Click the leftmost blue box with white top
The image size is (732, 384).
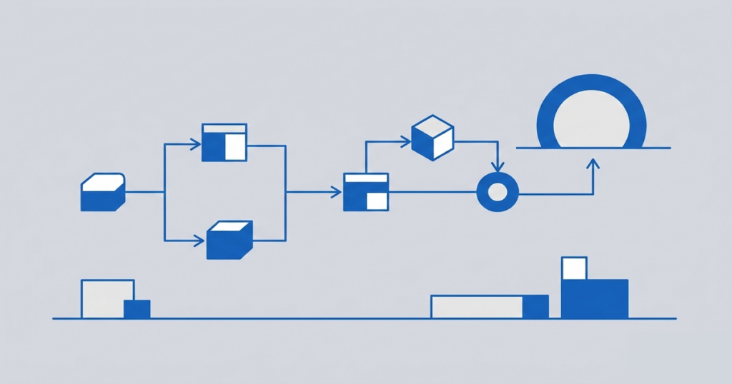click(103, 193)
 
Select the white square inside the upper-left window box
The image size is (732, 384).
click(235, 147)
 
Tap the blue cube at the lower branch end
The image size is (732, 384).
click(229, 241)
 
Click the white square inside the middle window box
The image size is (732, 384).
click(377, 201)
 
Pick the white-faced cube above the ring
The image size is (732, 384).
click(433, 138)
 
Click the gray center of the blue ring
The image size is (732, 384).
click(496, 192)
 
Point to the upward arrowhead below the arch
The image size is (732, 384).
click(592, 164)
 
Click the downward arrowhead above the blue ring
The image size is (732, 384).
click(497, 166)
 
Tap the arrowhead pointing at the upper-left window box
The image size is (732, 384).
click(195, 145)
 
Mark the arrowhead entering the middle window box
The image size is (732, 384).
click(336, 192)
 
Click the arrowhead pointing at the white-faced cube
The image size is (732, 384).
click(405, 141)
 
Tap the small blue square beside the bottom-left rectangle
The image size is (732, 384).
click(137, 309)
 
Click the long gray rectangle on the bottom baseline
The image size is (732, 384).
click(477, 307)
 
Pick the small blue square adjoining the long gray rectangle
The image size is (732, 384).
click(535, 307)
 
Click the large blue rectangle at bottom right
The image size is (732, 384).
click(595, 299)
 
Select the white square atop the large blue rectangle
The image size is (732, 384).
click(574, 268)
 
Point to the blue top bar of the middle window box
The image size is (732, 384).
click(366, 177)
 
